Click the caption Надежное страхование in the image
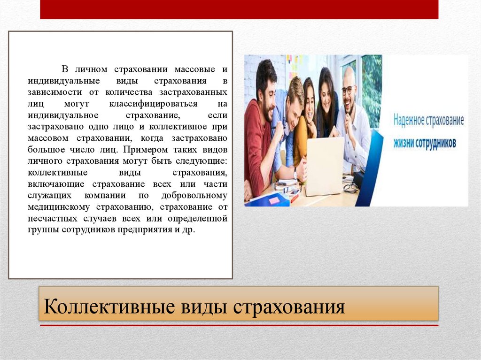pos(428,121)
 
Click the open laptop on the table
pos(324,167)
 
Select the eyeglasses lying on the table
pos(350,188)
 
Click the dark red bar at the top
pos(239,9)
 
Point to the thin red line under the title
pos(239,325)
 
